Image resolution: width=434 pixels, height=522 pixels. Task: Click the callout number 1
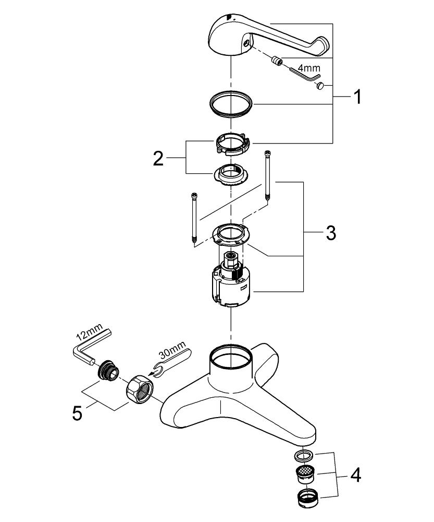click(x=357, y=97)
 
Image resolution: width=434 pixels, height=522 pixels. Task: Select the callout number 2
click(x=158, y=159)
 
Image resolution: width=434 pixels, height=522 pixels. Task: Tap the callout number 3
click(x=330, y=233)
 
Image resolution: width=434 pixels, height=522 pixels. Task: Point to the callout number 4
click(x=355, y=476)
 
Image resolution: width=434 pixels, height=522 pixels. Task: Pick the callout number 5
click(x=77, y=413)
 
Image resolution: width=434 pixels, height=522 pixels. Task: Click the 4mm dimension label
click(x=309, y=68)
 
